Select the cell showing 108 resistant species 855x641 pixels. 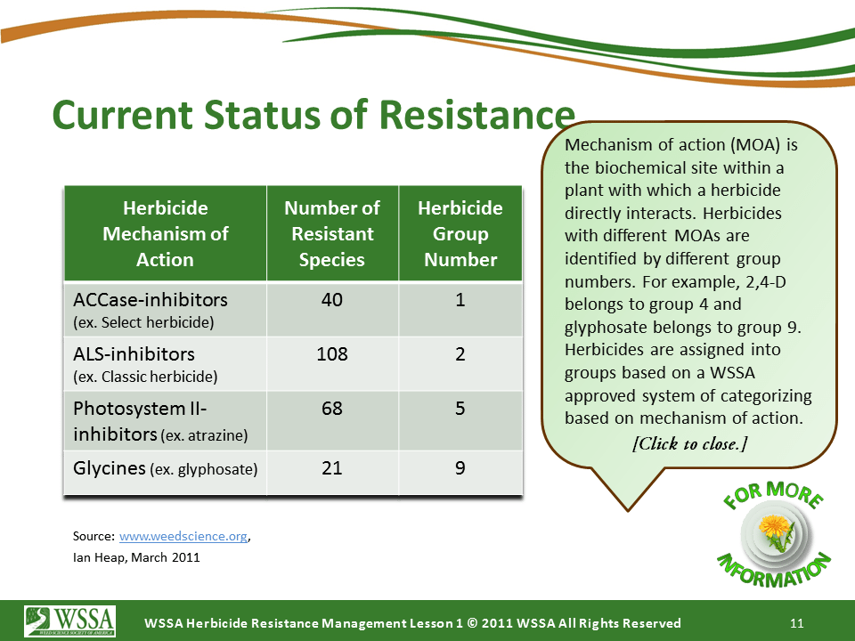pos(332,354)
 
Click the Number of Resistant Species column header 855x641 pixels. pos(332,234)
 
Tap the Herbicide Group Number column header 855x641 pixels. pos(460,234)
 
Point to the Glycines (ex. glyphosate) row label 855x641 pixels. pos(165,468)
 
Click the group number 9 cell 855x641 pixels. pos(460,468)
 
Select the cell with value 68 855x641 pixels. pos(332,410)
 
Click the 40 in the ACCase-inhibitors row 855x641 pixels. pos(332,300)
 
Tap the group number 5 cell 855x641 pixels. pos(460,410)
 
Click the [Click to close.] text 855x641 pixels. pos(689,443)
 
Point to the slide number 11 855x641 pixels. pos(798,622)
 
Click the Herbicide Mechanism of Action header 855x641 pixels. pos(165,234)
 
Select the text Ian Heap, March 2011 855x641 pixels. pos(136,558)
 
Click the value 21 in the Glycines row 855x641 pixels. pos(332,468)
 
